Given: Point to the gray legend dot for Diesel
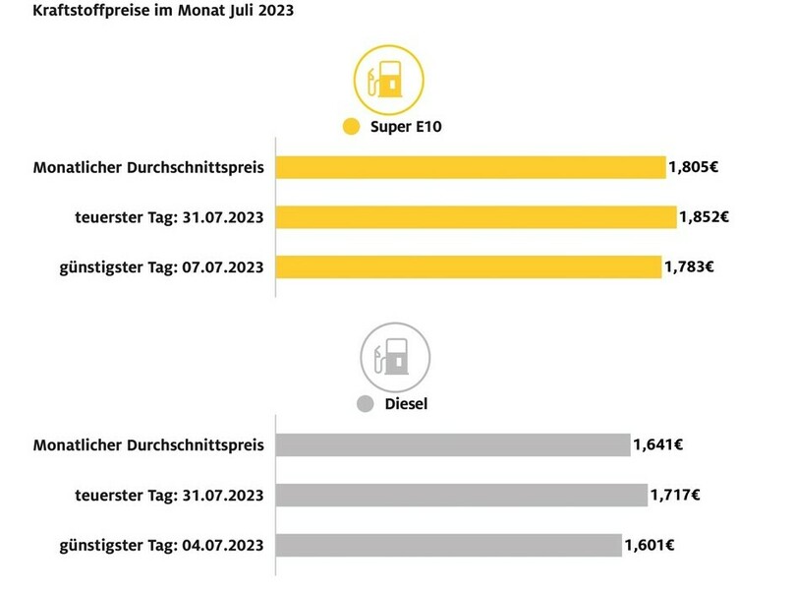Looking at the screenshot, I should click(366, 404).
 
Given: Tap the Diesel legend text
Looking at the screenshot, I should click(405, 404).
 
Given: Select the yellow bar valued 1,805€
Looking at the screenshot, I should click(471, 167).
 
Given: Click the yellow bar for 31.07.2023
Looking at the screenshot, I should click(476, 216).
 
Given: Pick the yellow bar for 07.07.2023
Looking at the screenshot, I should click(468, 265).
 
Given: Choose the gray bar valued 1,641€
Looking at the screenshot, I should click(453, 444).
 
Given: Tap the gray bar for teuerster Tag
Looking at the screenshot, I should click(462, 494).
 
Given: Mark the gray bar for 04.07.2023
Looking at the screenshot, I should click(449, 544).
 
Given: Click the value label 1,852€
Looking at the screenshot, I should click(704, 216).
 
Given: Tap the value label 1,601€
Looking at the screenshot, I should click(651, 544).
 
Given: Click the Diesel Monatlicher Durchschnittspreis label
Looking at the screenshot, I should click(148, 444).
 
